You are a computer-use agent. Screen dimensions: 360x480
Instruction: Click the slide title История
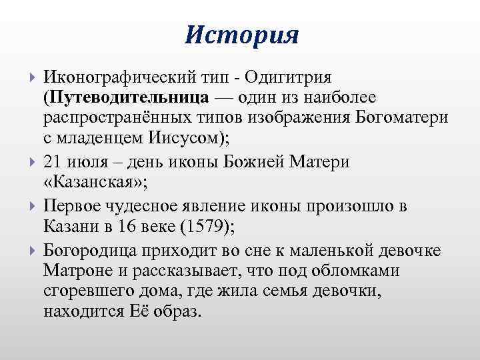241,34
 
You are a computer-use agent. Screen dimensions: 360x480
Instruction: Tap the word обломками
364,271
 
